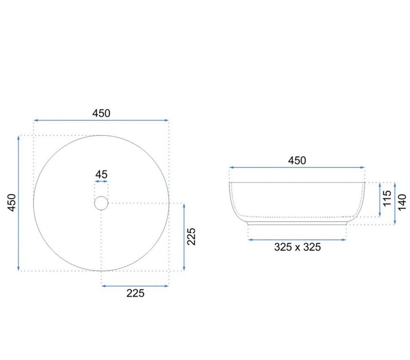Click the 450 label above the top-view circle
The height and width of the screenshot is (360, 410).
tap(101, 113)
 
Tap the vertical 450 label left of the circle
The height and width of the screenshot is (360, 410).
tap(12, 202)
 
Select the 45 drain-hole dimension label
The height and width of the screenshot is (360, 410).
tap(101, 175)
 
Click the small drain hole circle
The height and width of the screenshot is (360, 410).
tap(101, 203)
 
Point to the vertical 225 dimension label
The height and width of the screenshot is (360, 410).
tap(191, 236)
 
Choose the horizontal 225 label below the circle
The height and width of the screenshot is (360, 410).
tap(135, 293)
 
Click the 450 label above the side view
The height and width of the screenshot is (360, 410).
tap(297, 161)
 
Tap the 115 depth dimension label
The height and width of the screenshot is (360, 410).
tap(387, 198)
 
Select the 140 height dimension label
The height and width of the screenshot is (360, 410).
tap(402, 202)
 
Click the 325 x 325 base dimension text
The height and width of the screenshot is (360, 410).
tap(297, 247)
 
